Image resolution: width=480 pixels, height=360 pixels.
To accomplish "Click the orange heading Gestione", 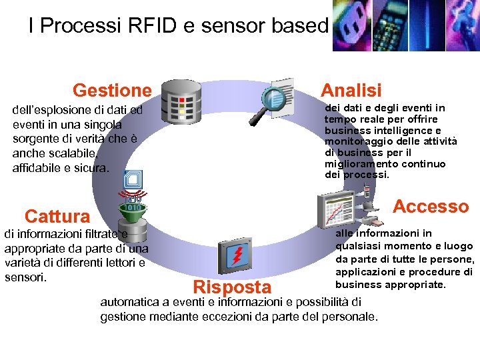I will pyautogui.click(x=112, y=90).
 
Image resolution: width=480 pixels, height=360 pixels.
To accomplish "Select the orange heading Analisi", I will pyautogui.click(x=351, y=90).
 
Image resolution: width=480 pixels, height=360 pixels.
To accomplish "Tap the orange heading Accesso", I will pyautogui.click(x=431, y=207).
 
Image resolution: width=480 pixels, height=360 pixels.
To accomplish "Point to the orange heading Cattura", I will pyautogui.click(x=57, y=216).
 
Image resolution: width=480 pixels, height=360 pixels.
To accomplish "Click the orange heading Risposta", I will pyautogui.click(x=231, y=287).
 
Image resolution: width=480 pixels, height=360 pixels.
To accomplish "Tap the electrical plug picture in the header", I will pyautogui.click(x=350, y=25).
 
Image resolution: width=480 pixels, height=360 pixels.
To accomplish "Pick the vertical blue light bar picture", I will pyautogui.click(x=427, y=25).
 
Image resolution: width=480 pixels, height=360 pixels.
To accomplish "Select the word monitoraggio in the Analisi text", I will pyautogui.click(x=355, y=141).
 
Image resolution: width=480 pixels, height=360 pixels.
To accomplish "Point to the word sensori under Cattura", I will pyautogui.click(x=25, y=277).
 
